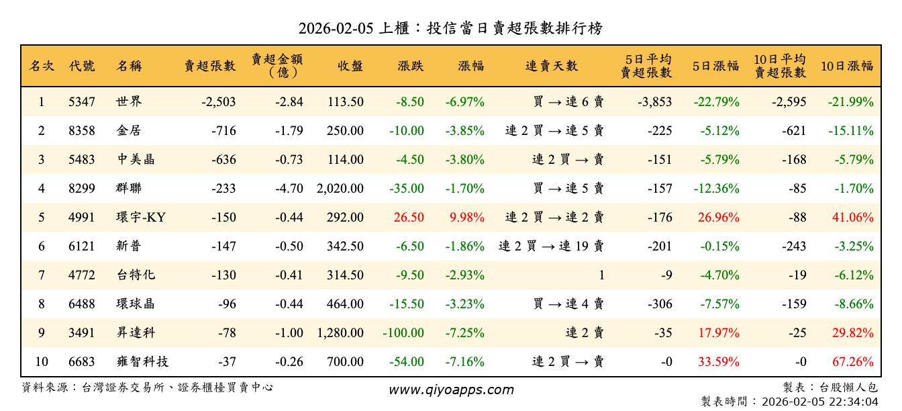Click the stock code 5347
82,102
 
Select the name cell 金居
128,131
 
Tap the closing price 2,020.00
340,189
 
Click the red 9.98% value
465,218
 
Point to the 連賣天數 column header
551,66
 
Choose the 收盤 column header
350,66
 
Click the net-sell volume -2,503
218,102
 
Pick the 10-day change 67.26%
852,362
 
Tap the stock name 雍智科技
142,362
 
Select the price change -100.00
403,333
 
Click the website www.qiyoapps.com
451,390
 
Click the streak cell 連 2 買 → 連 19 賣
551,246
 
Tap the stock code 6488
82,304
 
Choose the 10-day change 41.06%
852,218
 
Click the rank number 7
41,275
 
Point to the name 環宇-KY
141,218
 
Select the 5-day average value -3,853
654,102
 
